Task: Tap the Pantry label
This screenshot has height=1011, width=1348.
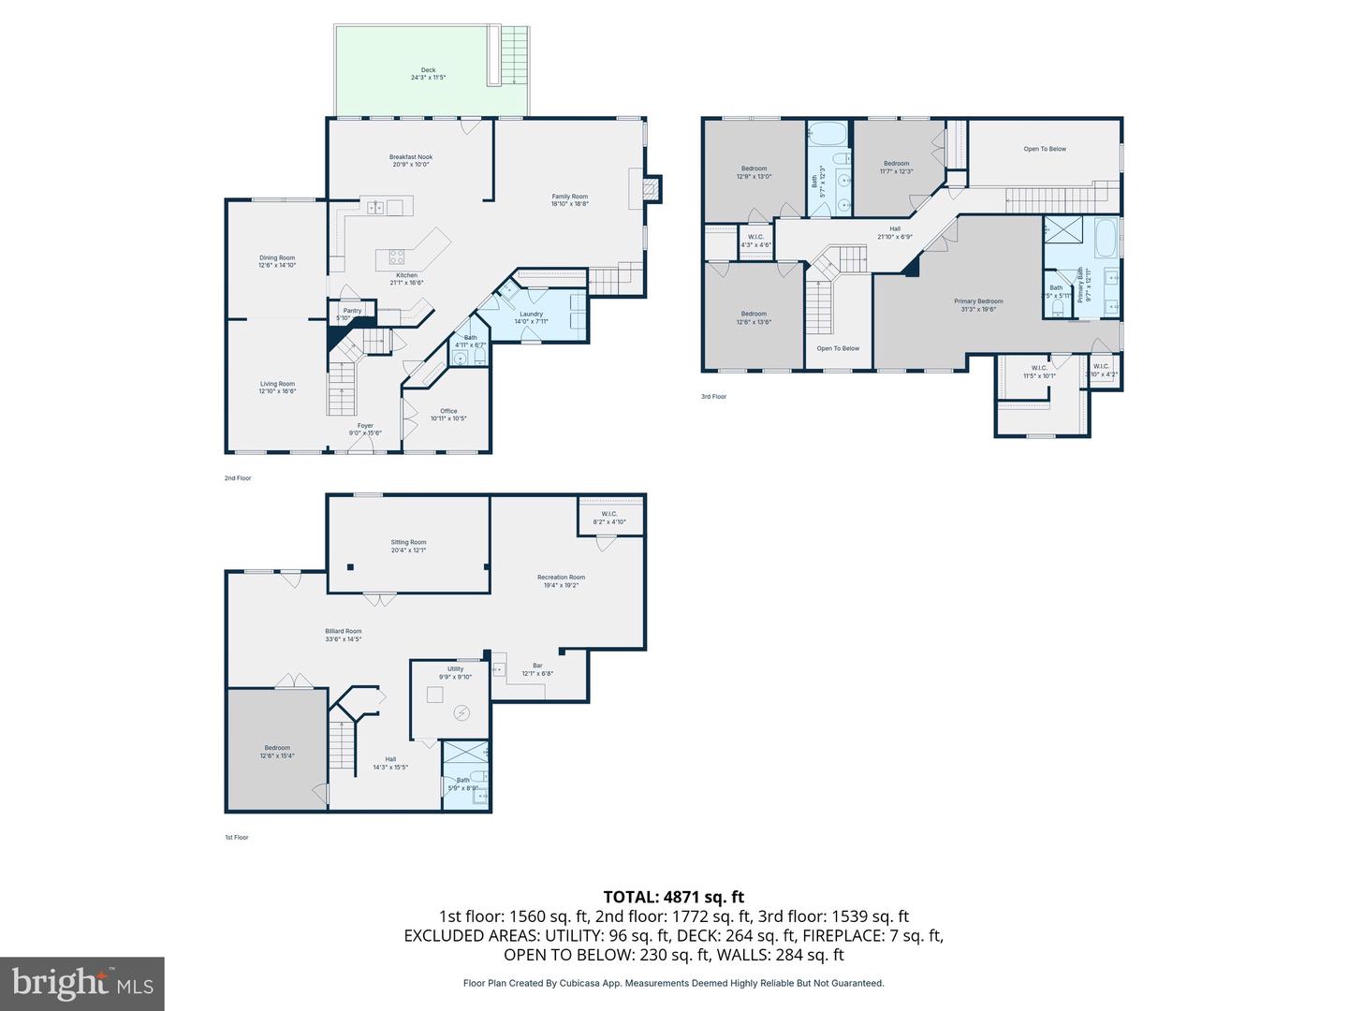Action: pos(352,311)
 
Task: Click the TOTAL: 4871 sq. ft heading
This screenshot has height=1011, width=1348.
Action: pos(674,897)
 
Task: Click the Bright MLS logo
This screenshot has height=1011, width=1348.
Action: pos(82,983)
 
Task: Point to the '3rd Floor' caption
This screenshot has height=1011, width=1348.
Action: pos(713,397)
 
